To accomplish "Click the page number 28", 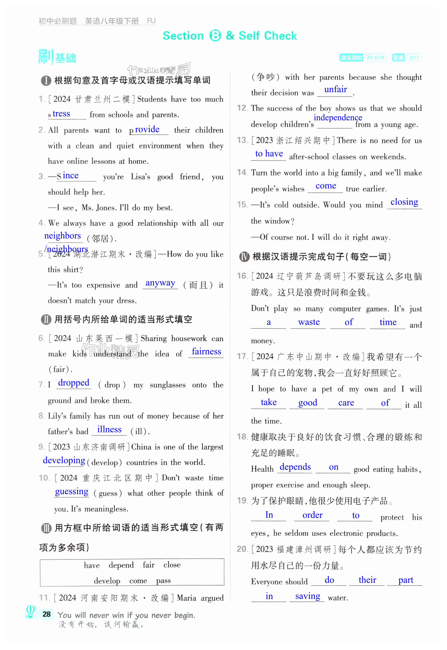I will [x=47, y=614].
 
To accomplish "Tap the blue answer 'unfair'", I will [x=335, y=89].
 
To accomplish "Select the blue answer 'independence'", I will [x=337, y=117].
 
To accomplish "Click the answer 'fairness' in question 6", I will [x=207, y=351].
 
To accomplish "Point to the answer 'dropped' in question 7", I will [x=74, y=382].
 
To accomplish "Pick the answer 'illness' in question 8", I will [x=109, y=429].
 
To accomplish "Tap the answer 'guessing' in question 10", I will [x=72, y=491].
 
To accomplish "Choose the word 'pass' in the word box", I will [x=163, y=580].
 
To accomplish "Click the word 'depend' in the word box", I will [x=121, y=565].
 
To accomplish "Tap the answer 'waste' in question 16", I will [x=309, y=322].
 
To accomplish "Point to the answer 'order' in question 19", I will [x=312, y=515].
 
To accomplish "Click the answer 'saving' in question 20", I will [x=307, y=596].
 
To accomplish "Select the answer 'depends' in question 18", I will [x=295, y=467].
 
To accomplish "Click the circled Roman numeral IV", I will [x=244, y=257].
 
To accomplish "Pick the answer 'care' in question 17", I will [x=346, y=403].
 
